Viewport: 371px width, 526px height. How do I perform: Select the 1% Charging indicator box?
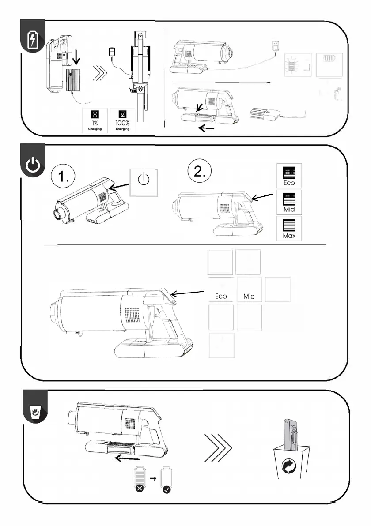(95, 121)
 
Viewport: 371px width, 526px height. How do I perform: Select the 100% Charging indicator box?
(122, 121)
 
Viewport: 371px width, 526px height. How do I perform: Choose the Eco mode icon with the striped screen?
(289, 176)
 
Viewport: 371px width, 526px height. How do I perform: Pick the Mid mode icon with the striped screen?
(289, 202)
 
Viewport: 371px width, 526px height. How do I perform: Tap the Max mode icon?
(289, 229)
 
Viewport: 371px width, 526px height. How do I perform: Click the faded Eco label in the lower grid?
(221, 296)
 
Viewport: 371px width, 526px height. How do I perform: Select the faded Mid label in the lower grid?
(249, 296)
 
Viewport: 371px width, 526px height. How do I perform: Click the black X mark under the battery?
(139, 489)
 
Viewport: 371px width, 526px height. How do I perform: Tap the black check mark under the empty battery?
(167, 489)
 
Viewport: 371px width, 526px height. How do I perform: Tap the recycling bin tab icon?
(34, 412)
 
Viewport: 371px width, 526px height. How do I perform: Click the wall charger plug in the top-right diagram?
(277, 46)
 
